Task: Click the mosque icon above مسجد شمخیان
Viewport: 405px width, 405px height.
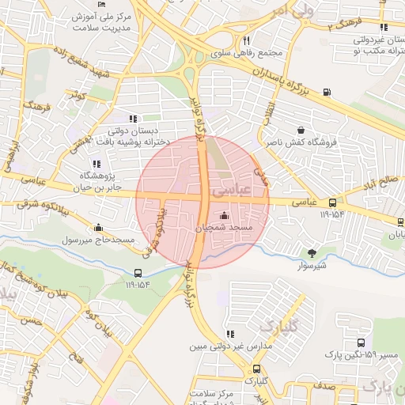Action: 224,216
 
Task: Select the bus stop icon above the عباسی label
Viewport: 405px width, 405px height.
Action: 332,202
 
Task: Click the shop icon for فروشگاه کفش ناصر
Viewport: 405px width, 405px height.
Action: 301,131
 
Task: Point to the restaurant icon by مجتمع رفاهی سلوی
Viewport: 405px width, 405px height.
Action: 248,40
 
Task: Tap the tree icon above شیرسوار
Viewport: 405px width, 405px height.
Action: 312,253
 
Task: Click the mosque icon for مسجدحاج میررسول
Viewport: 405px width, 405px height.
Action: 97,228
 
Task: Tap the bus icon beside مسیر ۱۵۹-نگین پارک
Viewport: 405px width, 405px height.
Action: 361,343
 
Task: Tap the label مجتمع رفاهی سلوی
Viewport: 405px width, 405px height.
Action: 248,54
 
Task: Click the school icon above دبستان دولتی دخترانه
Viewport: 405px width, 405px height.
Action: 133,119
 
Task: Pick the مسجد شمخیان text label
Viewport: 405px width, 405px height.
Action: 224,228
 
